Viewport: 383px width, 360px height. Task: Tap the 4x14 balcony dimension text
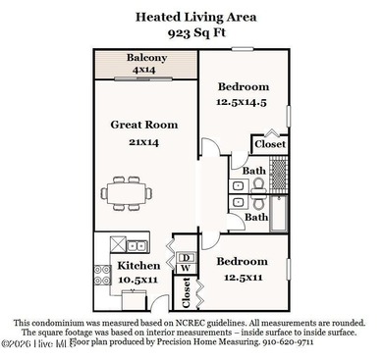(x=145, y=71)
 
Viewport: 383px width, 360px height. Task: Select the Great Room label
(x=143, y=125)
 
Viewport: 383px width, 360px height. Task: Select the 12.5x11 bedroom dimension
(x=242, y=278)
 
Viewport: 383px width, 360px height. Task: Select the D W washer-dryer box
(x=184, y=262)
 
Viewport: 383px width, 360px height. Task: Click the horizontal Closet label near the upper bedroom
(x=270, y=144)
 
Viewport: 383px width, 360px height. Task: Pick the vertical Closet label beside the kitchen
(x=186, y=291)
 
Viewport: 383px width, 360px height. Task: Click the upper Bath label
(x=254, y=170)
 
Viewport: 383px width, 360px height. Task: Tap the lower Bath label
(x=256, y=217)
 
